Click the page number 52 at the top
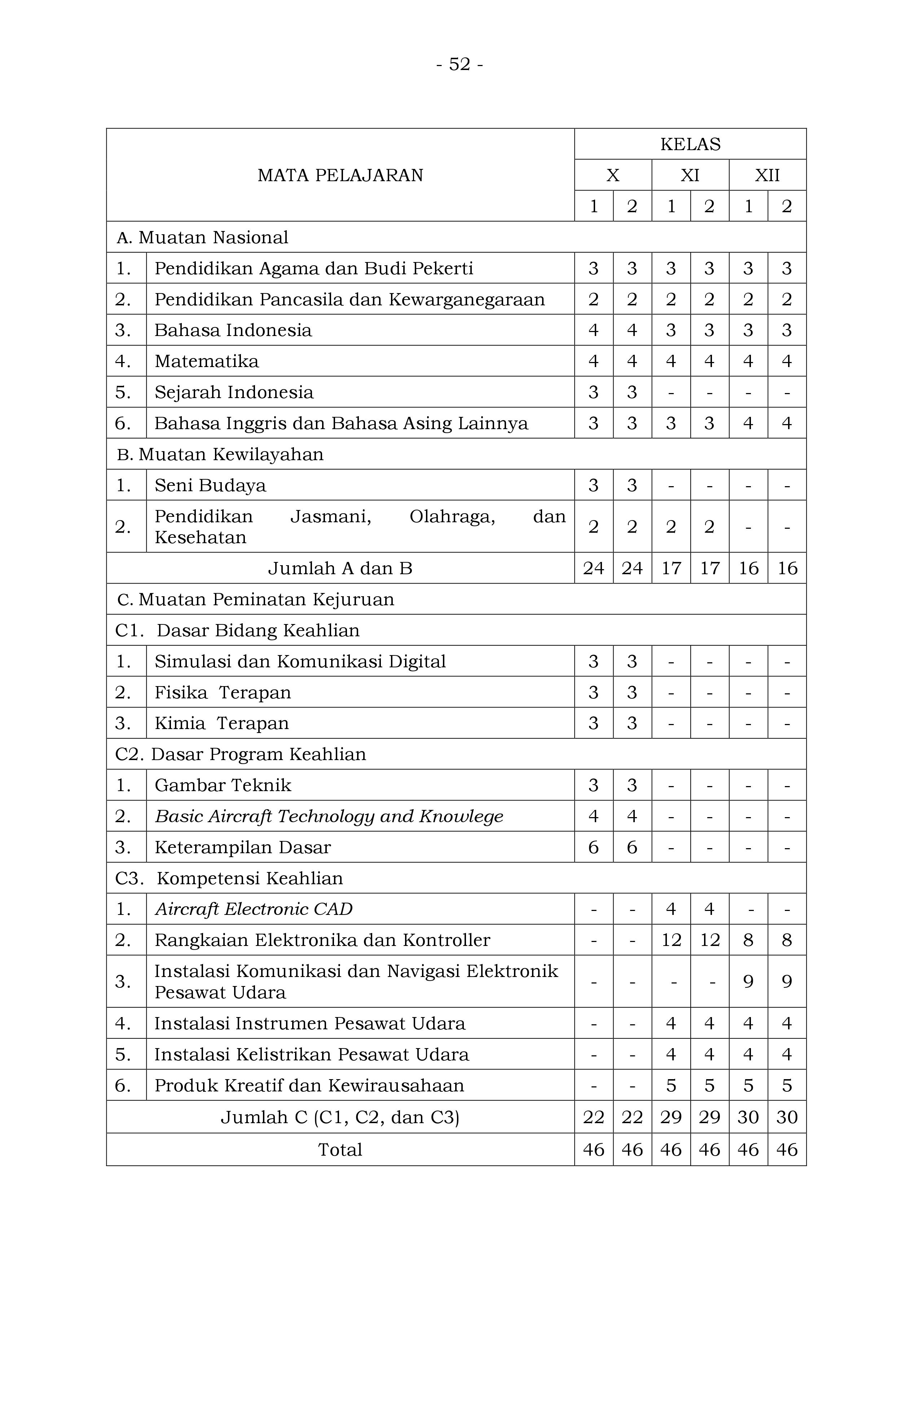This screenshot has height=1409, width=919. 459,64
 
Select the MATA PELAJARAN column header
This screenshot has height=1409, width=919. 340,175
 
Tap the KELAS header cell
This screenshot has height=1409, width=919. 690,144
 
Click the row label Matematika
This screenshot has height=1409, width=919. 207,361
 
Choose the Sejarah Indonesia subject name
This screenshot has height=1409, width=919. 234,392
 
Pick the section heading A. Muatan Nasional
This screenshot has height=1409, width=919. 202,237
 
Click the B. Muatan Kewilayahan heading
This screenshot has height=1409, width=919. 220,454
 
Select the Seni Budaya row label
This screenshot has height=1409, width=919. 210,485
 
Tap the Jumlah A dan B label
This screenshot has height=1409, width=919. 340,568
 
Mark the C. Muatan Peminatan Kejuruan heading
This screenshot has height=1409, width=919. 256,599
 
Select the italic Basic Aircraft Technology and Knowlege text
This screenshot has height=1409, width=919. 329,816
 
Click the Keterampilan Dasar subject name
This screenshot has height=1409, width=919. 243,847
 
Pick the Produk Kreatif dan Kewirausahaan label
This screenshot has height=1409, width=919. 309,1085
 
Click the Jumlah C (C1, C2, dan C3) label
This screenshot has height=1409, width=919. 340,1117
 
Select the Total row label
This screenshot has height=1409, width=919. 340,1150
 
